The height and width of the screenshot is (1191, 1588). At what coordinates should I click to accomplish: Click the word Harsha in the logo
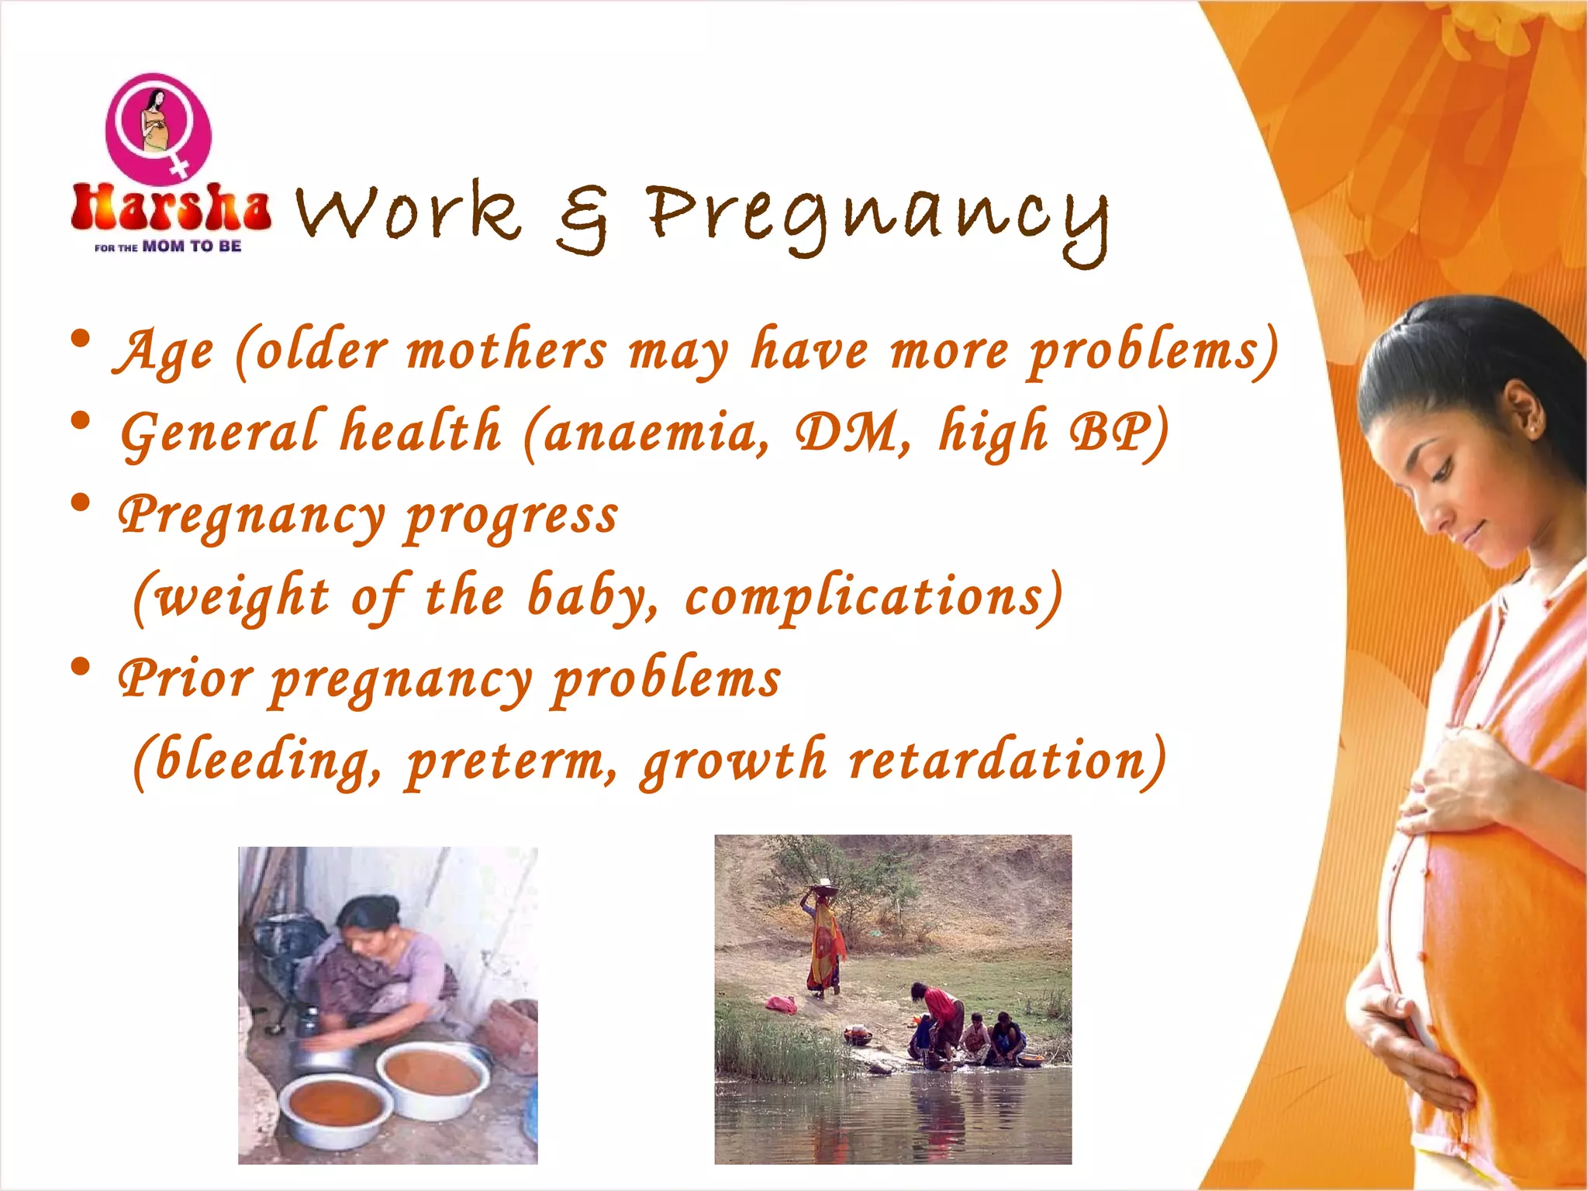point(171,208)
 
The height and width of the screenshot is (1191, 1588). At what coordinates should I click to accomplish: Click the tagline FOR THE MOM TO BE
point(168,247)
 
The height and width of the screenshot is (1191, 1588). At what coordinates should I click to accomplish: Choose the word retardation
point(1008,760)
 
